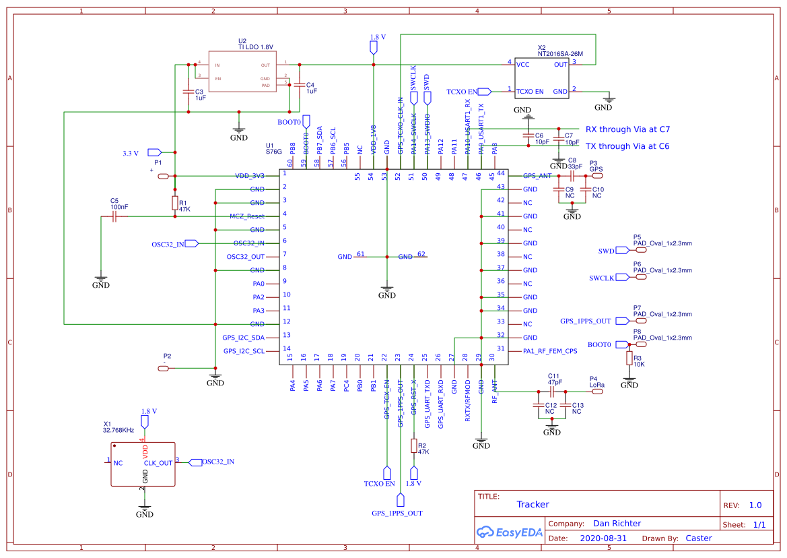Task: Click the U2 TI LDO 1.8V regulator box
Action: click(x=242, y=71)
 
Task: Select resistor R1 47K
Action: click(x=175, y=204)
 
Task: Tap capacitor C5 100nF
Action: click(x=114, y=216)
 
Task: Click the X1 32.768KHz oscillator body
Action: click(x=143, y=464)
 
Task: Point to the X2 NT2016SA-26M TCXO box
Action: click(x=542, y=78)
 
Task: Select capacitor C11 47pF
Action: click(x=552, y=392)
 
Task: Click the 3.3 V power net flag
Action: click(x=154, y=152)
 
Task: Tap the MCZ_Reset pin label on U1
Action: click(x=246, y=216)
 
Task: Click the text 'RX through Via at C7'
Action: click(x=627, y=129)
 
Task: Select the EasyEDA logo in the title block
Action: click(x=508, y=532)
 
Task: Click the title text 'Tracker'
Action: click(x=533, y=504)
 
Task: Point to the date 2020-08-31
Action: click(x=603, y=538)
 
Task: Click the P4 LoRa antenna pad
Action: click(x=596, y=392)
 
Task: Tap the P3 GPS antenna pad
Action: click(x=596, y=176)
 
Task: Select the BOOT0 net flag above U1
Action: click(x=306, y=121)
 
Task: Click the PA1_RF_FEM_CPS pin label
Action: click(x=550, y=351)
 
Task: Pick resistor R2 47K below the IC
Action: click(x=414, y=446)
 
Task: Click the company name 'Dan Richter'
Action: click(x=617, y=523)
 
